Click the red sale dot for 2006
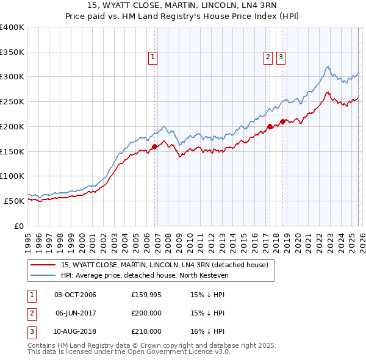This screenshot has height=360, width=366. tap(154, 146)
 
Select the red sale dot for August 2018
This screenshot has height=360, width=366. tap(282, 121)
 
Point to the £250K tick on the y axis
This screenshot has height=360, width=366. tap(12, 101)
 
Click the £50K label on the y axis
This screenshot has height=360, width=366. tap(14, 201)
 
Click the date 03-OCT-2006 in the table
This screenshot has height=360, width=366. tap(75, 295)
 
